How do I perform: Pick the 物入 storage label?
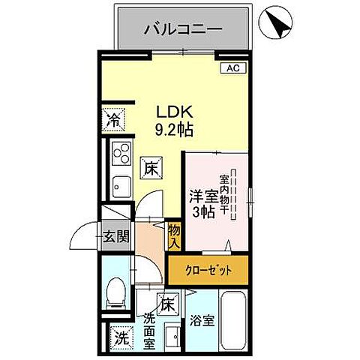pyautogui.click(x=174, y=235)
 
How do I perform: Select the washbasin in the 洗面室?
pyautogui.click(x=172, y=337)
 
